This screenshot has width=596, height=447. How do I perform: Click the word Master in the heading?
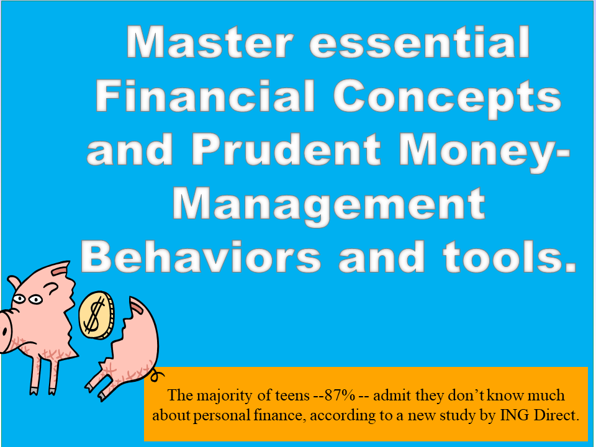coord(210,42)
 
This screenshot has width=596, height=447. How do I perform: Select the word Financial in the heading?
coord(205,96)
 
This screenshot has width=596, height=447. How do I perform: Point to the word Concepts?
coord(448,98)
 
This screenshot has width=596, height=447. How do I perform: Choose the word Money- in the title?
coord(484,152)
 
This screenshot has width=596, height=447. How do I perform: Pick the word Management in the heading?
coord(329,205)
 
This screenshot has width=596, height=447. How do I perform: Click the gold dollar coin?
coord(97,315)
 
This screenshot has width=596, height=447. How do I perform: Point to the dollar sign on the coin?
coord(94,315)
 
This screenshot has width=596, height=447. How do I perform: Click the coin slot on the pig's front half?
coord(60,270)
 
